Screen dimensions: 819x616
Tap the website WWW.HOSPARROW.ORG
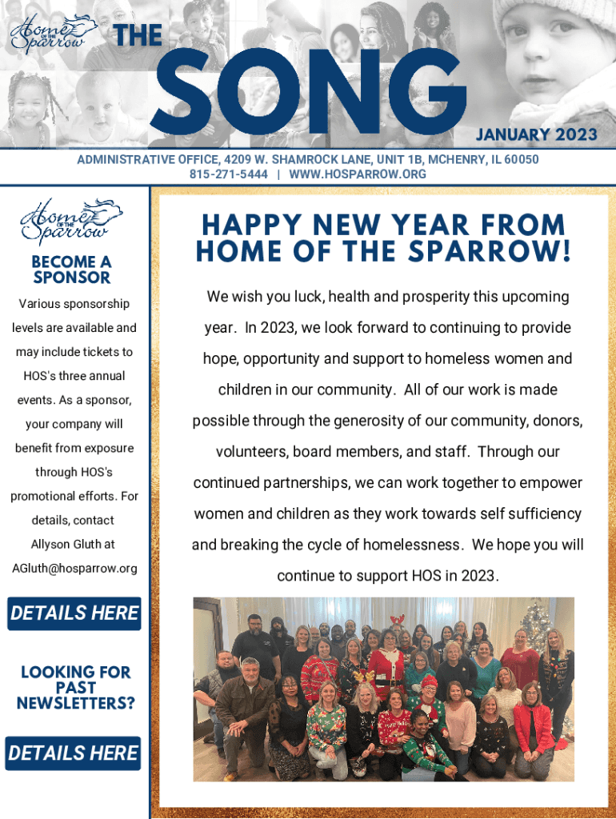point(358,174)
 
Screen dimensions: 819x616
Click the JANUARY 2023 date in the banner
point(537,134)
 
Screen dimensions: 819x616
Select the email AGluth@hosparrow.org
point(74,569)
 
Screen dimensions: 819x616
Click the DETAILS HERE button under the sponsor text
point(74,613)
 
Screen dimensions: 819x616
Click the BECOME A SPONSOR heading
point(72,270)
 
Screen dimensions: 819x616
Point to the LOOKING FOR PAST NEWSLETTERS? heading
point(76,688)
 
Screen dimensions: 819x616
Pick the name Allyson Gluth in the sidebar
point(73,545)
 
